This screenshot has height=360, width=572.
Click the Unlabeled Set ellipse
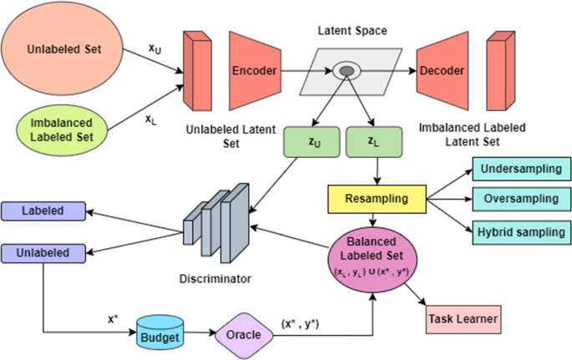(62, 49)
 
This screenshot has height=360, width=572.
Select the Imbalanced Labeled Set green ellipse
(62, 130)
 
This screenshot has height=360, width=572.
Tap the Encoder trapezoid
(255, 71)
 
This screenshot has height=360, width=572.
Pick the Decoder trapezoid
(442, 71)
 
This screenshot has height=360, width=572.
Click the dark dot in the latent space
(347, 71)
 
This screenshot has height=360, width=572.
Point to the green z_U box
(312, 142)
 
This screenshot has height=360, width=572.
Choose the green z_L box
(374, 142)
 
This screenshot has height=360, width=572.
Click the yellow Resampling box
(377, 199)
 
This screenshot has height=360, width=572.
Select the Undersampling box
(522, 169)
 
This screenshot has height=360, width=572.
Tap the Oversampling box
(522, 199)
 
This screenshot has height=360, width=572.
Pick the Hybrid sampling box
(522, 232)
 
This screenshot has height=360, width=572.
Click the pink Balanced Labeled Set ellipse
(372, 260)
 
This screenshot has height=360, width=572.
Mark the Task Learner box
(463, 320)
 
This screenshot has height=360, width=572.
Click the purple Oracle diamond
(244, 336)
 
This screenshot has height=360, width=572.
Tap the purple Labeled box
(43, 211)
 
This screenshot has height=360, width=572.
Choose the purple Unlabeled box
(43, 253)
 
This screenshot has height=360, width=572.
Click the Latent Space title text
(352, 31)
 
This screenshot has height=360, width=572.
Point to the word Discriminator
(215, 279)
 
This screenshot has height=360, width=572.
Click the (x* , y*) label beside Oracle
(301, 324)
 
